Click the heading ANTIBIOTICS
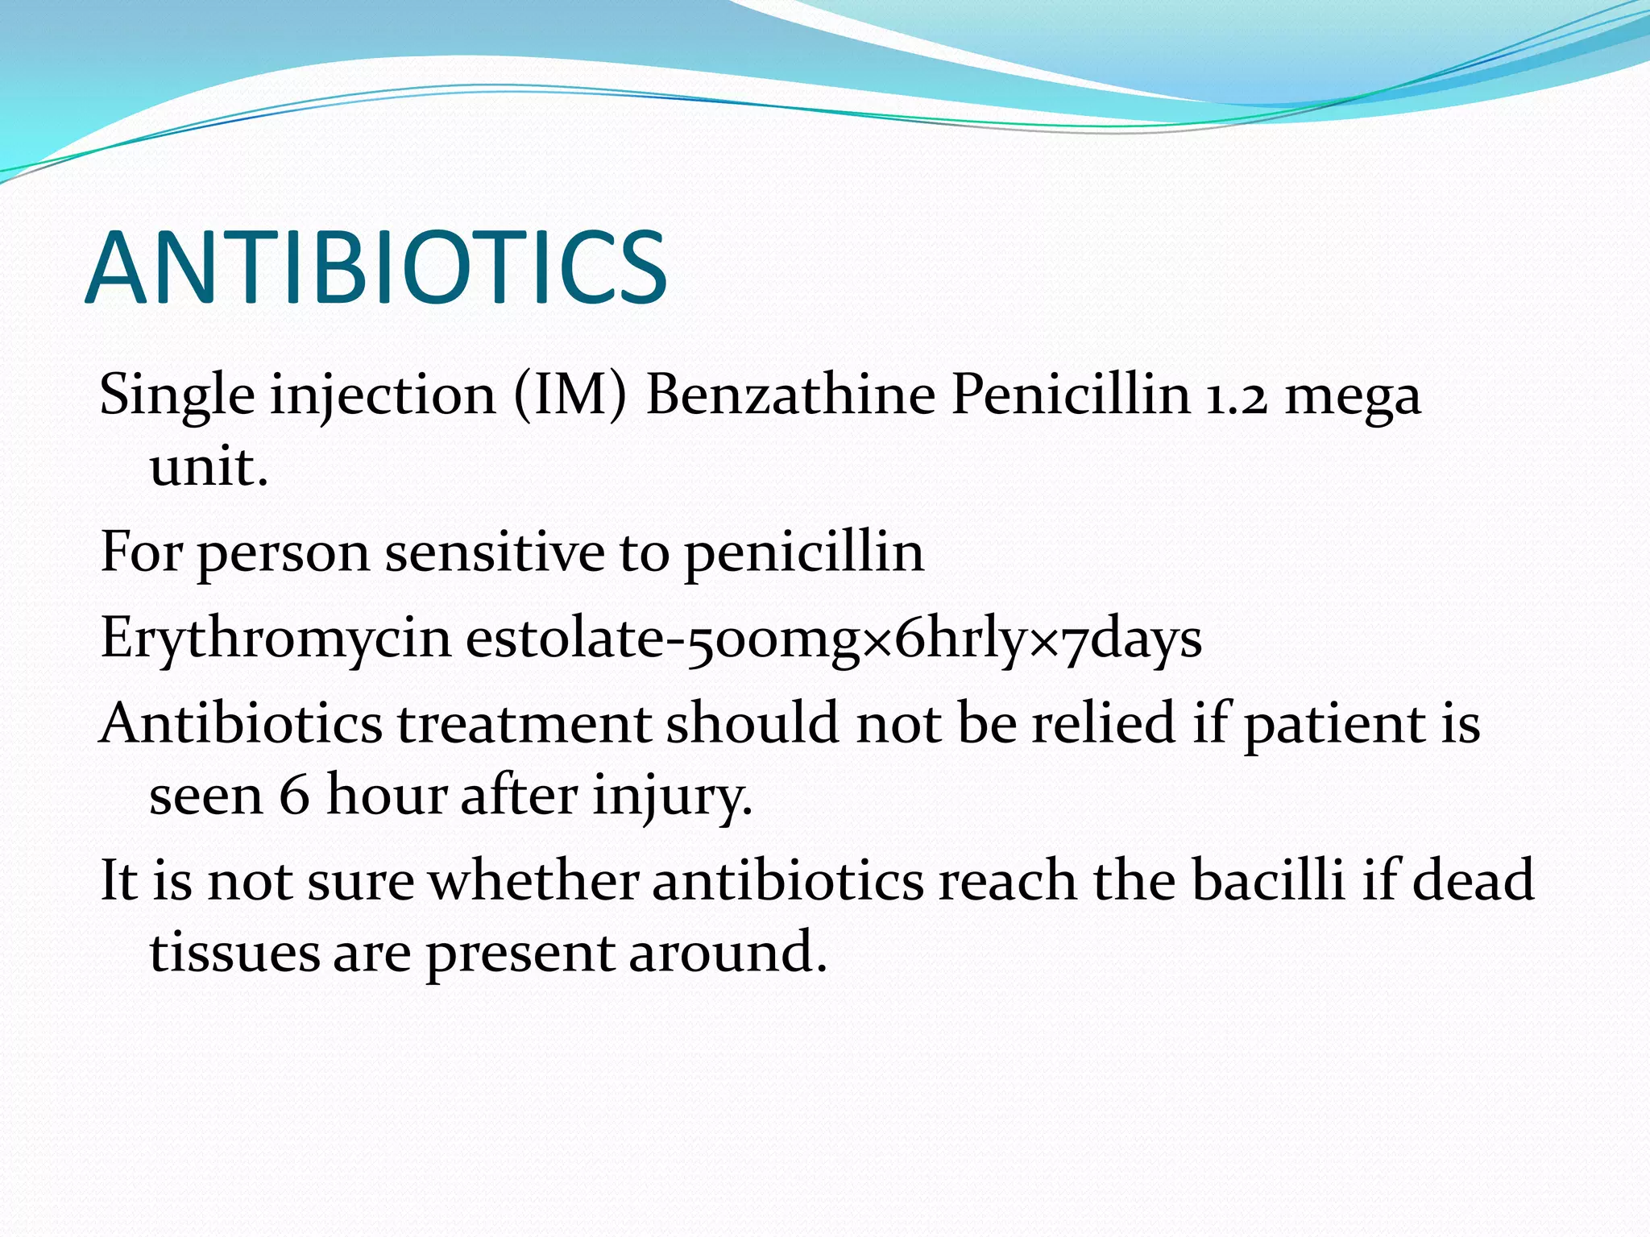click(x=375, y=267)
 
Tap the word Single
click(x=177, y=396)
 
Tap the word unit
click(x=208, y=466)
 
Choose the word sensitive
click(x=494, y=552)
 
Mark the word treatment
click(x=524, y=723)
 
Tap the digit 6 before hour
click(x=294, y=796)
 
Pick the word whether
click(x=533, y=879)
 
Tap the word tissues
click(x=234, y=952)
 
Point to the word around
click(x=728, y=952)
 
